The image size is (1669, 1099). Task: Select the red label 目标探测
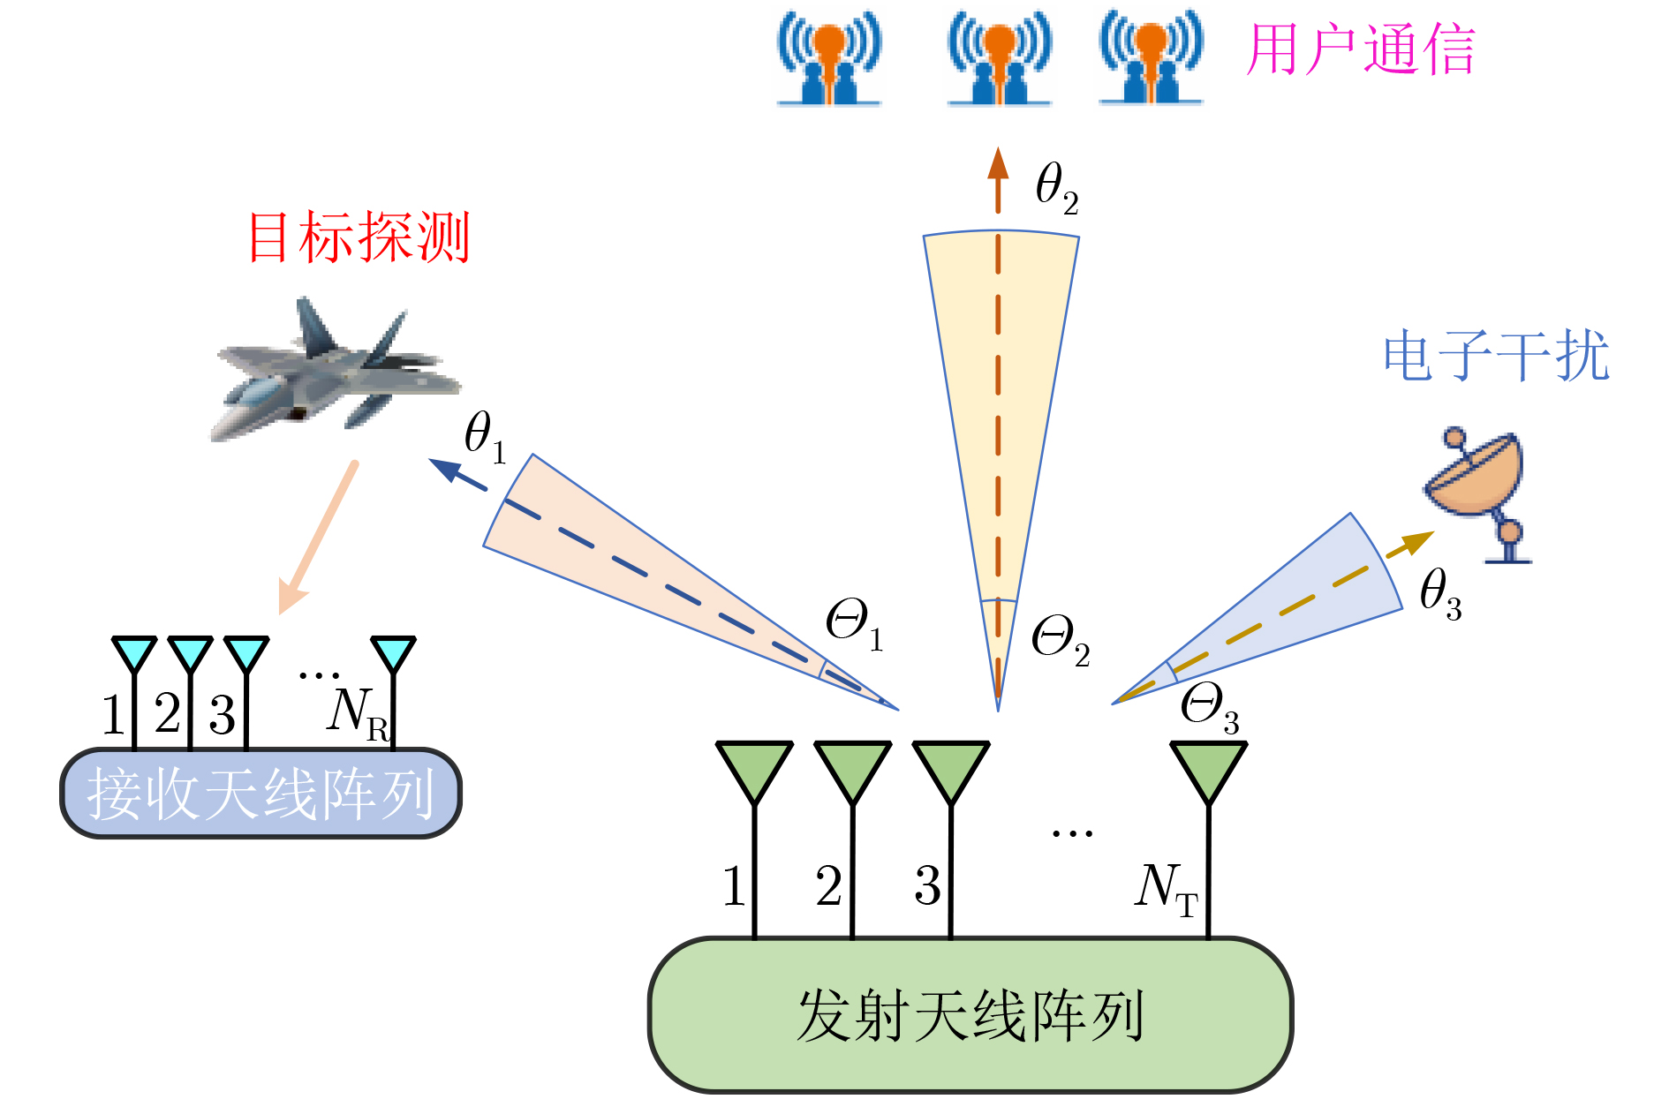tap(359, 238)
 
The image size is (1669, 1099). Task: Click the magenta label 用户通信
tap(1360, 49)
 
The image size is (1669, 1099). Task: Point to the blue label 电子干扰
tap(1496, 357)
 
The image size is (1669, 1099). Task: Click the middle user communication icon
tap(999, 58)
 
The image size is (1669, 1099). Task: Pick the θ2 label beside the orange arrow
tap(1056, 188)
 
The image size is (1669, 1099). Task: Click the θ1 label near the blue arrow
tap(485, 436)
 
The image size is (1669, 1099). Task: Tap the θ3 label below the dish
tap(1440, 594)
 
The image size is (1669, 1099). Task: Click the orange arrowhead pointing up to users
tap(998, 165)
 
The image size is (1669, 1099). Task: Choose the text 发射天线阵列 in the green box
tap(970, 1015)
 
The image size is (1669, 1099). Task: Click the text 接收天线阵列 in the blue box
tap(261, 794)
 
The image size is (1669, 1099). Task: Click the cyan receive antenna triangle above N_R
tap(393, 652)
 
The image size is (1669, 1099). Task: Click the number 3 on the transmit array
tap(927, 885)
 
